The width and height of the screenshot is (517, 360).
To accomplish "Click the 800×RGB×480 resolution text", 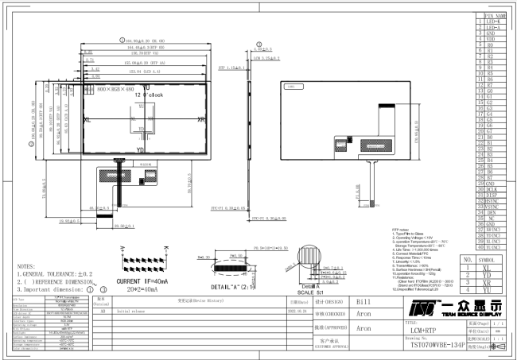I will click(115, 89).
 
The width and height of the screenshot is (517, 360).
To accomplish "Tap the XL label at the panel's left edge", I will click(87, 119).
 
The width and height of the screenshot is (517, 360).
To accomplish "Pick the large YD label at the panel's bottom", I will click(141, 149).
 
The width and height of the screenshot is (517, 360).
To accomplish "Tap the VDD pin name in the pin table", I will click(491, 41).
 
